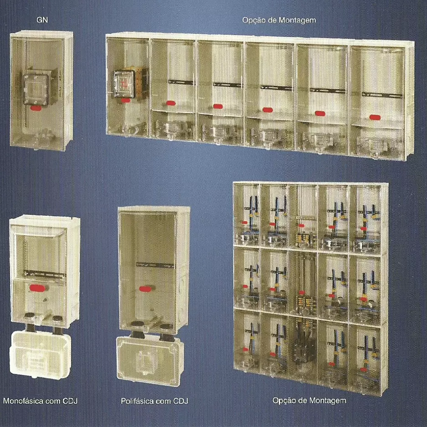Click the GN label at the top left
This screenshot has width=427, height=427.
(x=42, y=20)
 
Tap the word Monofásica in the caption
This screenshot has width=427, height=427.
(x=23, y=401)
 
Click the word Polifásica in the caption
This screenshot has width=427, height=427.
(x=138, y=401)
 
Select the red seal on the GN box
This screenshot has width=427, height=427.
(x=36, y=108)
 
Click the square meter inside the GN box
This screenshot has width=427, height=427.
(x=36, y=89)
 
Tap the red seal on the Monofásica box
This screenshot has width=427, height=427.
(x=35, y=287)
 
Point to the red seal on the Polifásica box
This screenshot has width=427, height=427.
(x=145, y=289)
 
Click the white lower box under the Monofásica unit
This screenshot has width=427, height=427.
(x=40, y=354)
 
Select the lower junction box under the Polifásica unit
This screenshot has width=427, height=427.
(x=150, y=360)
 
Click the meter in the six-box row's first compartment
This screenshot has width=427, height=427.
(x=125, y=83)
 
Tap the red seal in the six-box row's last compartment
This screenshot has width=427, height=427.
(x=375, y=117)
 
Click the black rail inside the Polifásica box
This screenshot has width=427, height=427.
(x=155, y=265)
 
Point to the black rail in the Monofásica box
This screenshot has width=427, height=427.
(x=45, y=273)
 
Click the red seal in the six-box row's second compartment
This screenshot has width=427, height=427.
(x=170, y=103)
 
